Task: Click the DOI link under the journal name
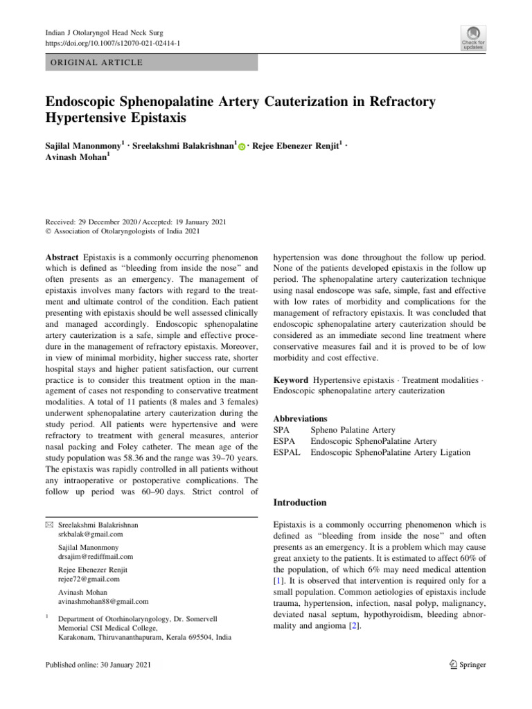pos(112,42)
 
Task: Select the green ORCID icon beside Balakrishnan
pos(242,147)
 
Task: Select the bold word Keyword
pos(291,380)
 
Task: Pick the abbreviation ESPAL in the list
pos(288,452)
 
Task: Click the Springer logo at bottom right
pos(463,665)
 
